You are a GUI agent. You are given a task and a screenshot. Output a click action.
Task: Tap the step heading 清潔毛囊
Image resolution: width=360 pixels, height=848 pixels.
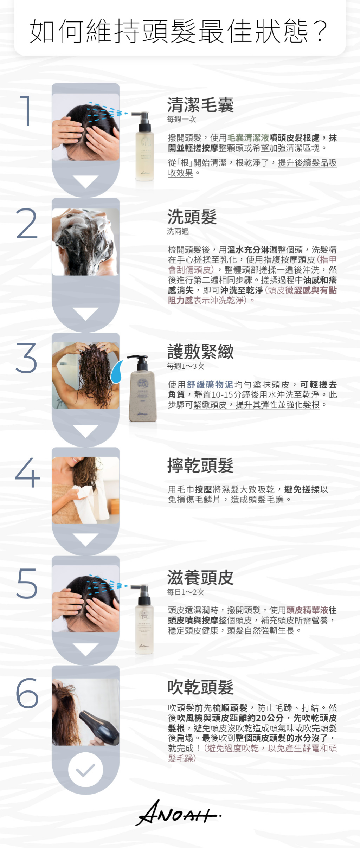point(200,105)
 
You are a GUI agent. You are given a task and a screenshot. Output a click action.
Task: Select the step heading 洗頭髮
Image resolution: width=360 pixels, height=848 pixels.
point(192,217)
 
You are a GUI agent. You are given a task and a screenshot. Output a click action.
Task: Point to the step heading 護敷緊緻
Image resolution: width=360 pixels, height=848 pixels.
point(200,352)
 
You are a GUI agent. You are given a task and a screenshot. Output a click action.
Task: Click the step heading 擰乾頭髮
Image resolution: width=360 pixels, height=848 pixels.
point(200,465)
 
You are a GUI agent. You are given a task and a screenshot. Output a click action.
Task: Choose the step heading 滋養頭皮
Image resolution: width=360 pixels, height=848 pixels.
point(200,577)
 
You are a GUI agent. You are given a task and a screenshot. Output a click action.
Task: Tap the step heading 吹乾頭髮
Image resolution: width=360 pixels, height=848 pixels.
point(200,687)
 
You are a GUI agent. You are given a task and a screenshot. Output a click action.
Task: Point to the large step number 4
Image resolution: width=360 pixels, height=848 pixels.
point(27,473)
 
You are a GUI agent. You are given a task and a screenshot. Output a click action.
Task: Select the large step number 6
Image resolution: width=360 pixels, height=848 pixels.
point(27,693)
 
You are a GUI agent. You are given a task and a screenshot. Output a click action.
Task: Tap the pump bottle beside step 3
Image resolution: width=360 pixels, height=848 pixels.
point(141,388)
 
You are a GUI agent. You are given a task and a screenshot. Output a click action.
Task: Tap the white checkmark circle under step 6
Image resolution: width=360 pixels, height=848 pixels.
point(85,770)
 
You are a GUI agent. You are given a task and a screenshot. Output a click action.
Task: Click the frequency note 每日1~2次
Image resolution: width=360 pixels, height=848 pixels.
point(185,592)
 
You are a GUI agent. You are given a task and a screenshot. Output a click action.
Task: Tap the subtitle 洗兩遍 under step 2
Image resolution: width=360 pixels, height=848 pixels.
point(178,231)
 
